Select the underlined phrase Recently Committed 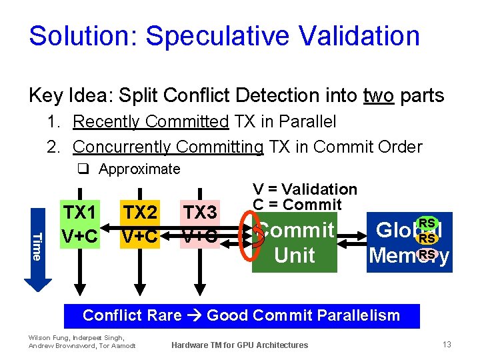point(151,122)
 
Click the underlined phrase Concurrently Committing point(168,147)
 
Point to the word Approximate point(139,169)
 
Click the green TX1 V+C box point(80,224)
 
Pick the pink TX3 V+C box point(200,224)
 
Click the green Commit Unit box point(295,243)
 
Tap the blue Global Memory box point(409,243)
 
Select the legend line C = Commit point(297,205)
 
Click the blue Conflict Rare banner point(241,316)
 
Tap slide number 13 point(447,344)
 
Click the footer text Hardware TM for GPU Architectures point(239,345)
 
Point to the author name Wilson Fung point(45,338)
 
